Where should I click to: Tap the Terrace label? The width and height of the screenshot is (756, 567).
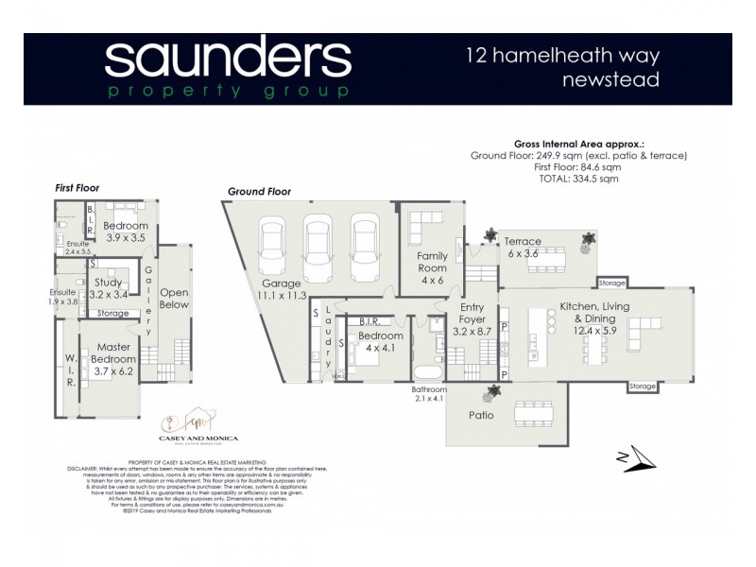[522, 241]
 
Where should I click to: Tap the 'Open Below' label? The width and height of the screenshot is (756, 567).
[174, 298]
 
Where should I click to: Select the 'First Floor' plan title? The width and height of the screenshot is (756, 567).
[77, 188]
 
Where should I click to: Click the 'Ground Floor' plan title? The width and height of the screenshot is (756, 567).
[259, 192]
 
